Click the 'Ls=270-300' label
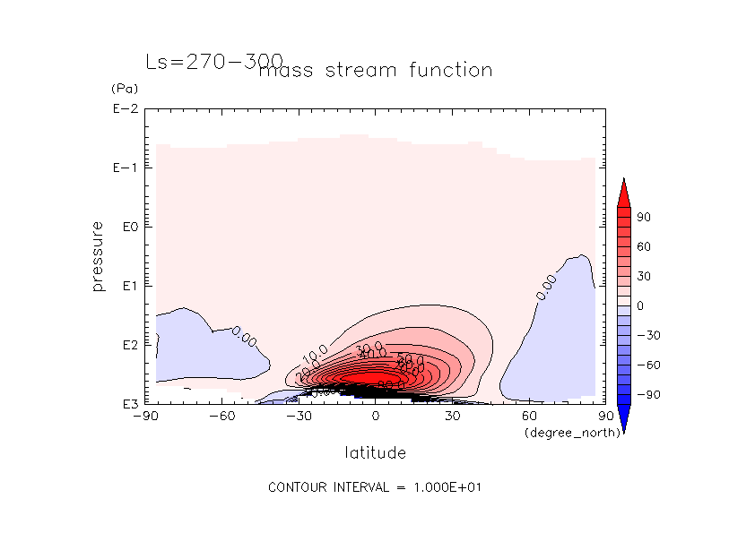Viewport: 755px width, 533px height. pyautogui.click(x=213, y=62)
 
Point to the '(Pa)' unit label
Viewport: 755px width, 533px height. pyautogui.click(x=123, y=89)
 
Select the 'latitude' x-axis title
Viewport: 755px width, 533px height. pyautogui.click(x=375, y=452)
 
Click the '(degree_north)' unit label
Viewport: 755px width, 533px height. pyautogui.click(x=564, y=433)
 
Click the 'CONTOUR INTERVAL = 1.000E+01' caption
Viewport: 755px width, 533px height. pyautogui.click(x=377, y=487)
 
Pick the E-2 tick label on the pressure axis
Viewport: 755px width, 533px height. pyautogui.click(x=125, y=109)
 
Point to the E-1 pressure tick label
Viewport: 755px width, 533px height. pyautogui.click(x=125, y=168)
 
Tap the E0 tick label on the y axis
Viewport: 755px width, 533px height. pyautogui.click(x=127, y=228)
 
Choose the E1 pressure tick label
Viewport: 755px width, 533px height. pyautogui.click(x=127, y=286)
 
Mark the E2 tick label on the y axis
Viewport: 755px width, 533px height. pyautogui.click(x=127, y=345)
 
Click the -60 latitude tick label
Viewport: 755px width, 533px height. pyautogui.click(x=221, y=416)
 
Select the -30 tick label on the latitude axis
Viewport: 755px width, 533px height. pyautogui.click(x=299, y=416)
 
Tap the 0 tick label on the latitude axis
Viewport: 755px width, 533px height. pyautogui.click(x=376, y=416)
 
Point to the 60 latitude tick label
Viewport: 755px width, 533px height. pyautogui.click(x=529, y=416)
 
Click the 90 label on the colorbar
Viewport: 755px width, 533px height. pyautogui.click(x=644, y=218)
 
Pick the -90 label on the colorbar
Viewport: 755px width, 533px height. pyautogui.click(x=647, y=394)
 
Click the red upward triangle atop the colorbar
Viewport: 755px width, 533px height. pyautogui.click(x=623, y=192)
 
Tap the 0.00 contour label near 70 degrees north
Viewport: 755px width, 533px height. pyautogui.click(x=545, y=287)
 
